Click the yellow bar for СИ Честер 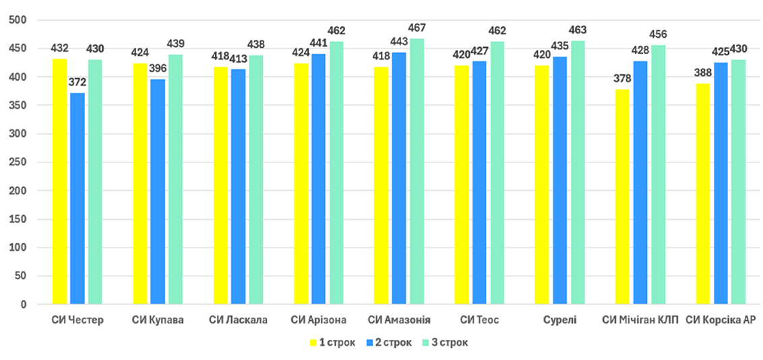pos(60,181)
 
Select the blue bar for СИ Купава pos(158,191)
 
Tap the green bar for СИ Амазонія pos(417,172)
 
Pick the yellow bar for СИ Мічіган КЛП pos(622,197)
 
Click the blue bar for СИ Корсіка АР pos(721,183)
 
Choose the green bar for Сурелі pos(578,173)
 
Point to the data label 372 pos(78,82)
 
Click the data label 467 pos(417,28)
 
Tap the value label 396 pos(158,69)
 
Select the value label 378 pos(622,79)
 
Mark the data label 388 pos(702,73)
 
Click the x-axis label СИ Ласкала pos(239,320)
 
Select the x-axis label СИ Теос pos(480,320)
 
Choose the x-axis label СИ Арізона pos(319,320)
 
